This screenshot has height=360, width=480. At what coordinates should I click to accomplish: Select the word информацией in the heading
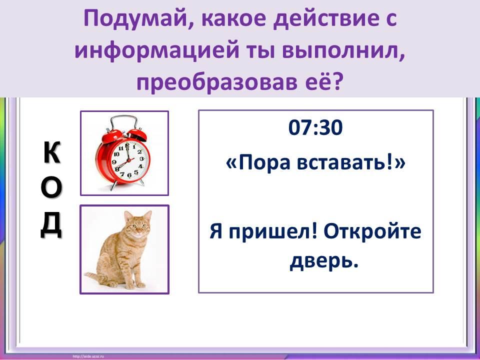pyautogui.click(x=156, y=51)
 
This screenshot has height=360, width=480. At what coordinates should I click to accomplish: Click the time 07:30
pyautogui.click(x=315, y=127)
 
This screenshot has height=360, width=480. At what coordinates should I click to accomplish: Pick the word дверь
pyautogui.click(x=324, y=261)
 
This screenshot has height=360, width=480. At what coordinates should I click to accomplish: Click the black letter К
pyautogui.click(x=52, y=152)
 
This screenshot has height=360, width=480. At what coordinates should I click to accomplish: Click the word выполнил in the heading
pyautogui.click(x=344, y=51)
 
